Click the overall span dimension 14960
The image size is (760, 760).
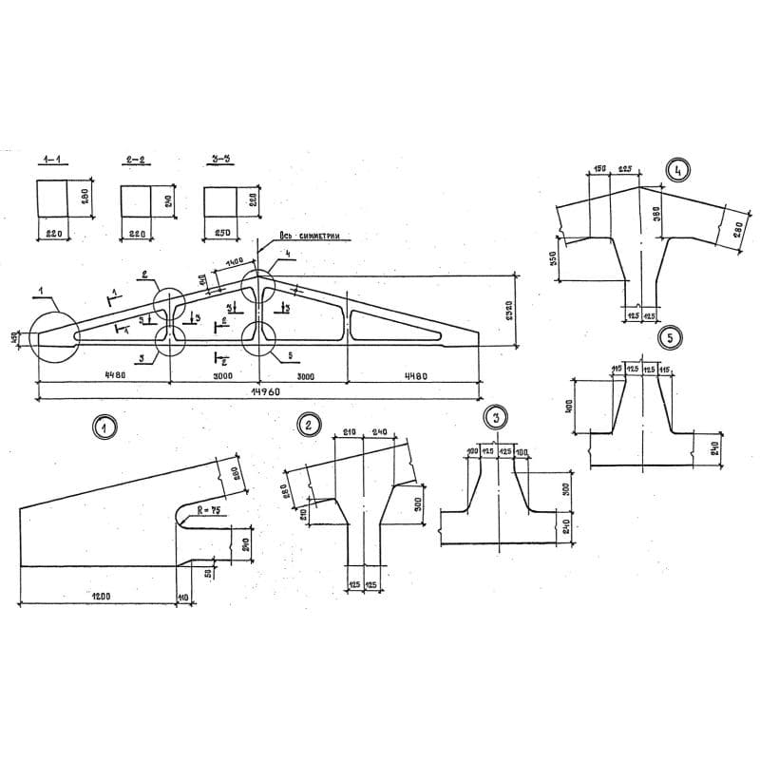click(x=259, y=390)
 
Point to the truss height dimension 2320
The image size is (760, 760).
click(x=510, y=310)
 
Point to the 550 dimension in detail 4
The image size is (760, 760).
click(x=552, y=258)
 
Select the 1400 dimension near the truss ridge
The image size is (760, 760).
click(x=234, y=262)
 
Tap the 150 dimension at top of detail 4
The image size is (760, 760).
click(x=599, y=169)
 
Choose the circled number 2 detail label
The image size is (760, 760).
click(x=308, y=425)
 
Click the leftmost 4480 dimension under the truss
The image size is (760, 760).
click(x=104, y=376)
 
